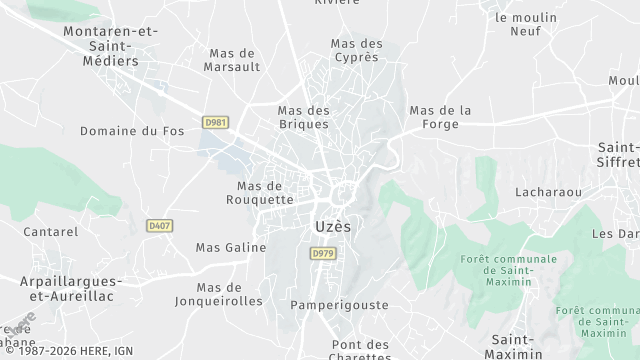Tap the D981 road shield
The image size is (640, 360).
point(215,122)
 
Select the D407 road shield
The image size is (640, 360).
point(159,226)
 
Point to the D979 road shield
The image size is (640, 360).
point(321,254)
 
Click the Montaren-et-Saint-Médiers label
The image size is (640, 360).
point(110,45)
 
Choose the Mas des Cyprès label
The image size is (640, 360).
point(357,51)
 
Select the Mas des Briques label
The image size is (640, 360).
point(304,117)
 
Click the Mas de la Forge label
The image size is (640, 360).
point(441,117)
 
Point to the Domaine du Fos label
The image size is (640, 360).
point(133,131)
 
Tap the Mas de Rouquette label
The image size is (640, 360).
point(265,192)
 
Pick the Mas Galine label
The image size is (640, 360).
point(231,247)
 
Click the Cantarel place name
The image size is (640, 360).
point(51,232)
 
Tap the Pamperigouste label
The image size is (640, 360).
point(332,304)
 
